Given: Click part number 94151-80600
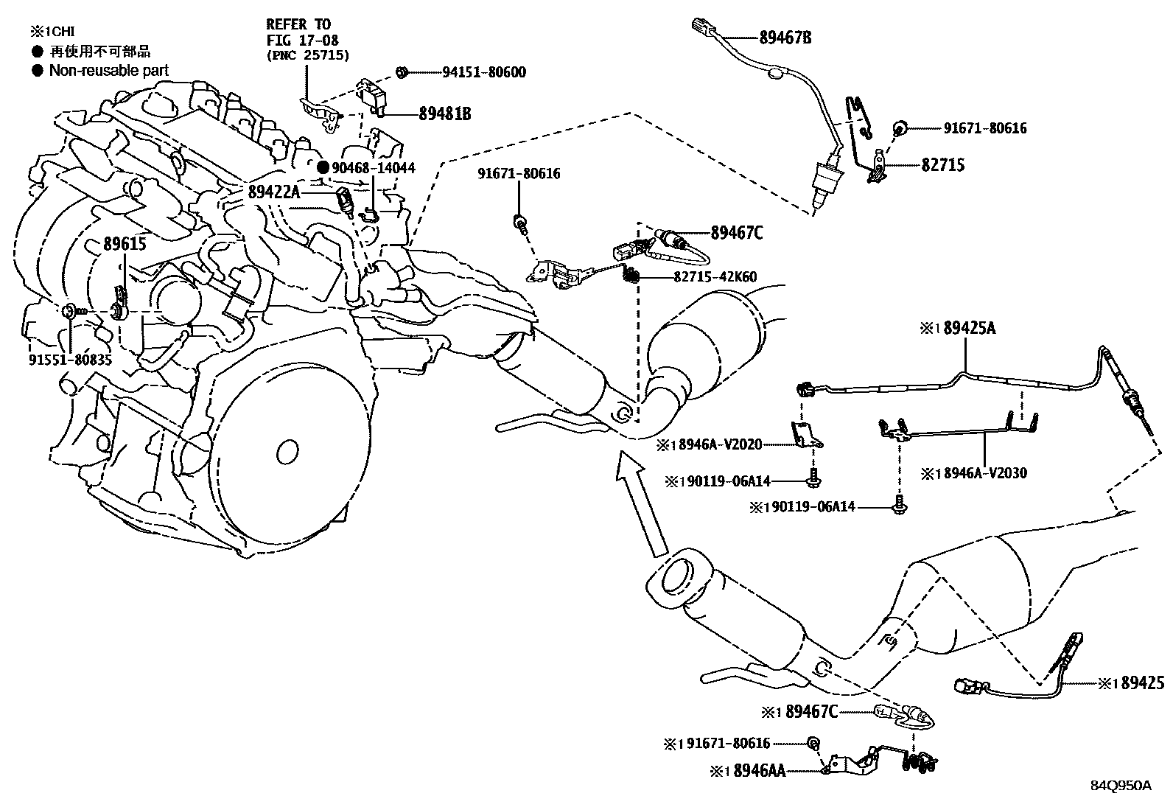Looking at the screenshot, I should pos(484,72).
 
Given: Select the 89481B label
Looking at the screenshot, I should pos(444,114).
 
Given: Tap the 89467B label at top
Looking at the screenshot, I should pos(785,36).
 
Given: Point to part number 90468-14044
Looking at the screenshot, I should pos(373,168).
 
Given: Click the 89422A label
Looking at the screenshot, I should pos(274,192).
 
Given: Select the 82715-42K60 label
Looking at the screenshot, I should pos(715,277).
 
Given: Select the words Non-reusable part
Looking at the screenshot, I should pos(108,71).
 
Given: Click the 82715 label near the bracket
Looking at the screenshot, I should pos(942,165).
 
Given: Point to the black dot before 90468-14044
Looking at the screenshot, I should pos(323,168).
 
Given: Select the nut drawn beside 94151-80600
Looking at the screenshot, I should pos(402,72).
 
